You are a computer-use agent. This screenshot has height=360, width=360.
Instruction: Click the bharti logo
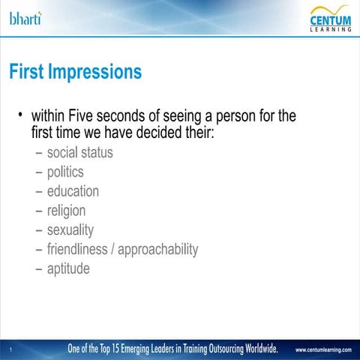click(x=25, y=18)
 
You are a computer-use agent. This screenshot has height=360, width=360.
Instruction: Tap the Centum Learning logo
click(x=330, y=19)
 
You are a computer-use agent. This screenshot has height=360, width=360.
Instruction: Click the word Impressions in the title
click(x=95, y=73)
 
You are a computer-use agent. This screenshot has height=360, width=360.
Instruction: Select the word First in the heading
click(x=25, y=73)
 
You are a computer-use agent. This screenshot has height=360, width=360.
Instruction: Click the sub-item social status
click(x=79, y=153)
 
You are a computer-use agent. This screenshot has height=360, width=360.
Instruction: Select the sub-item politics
click(x=65, y=172)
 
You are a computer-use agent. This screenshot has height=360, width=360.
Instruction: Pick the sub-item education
click(x=73, y=191)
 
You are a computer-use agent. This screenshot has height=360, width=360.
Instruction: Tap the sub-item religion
click(x=66, y=211)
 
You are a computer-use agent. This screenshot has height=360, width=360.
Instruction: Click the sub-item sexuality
click(x=70, y=229)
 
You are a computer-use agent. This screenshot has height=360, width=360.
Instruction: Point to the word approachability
click(x=157, y=249)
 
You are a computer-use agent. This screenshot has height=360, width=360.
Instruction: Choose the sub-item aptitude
click(x=68, y=268)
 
